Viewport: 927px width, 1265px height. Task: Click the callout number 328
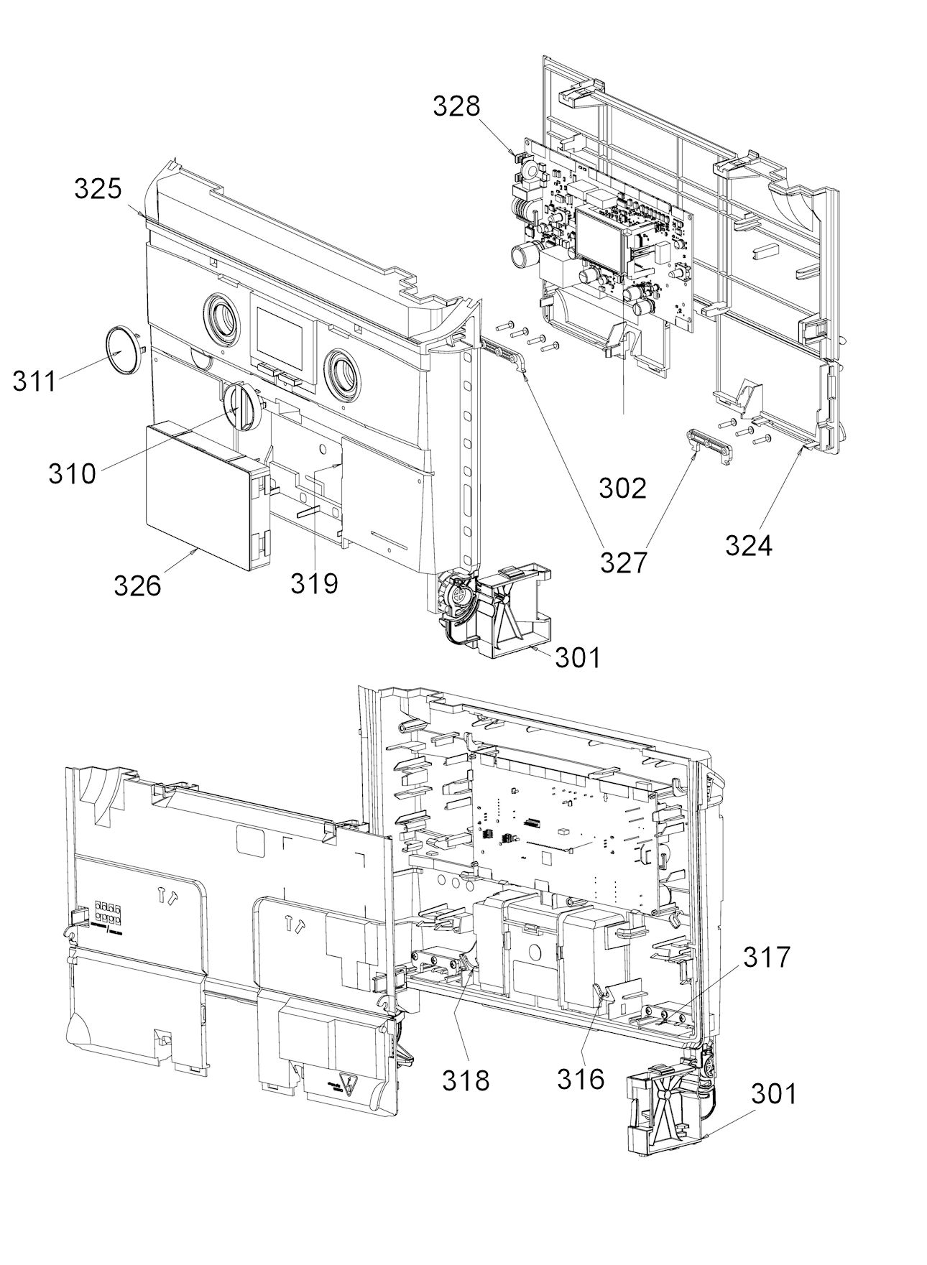click(456, 106)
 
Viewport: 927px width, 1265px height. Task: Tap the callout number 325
click(98, 190)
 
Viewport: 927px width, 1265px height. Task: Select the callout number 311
click(34, 381)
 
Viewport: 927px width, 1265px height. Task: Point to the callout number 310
click(72, 473)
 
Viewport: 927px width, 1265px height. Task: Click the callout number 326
click(137, 585)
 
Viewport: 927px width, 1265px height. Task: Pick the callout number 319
click(314, 583)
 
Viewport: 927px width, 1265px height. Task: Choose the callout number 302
click(623, 488)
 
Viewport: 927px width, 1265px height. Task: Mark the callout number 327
click(623, 562)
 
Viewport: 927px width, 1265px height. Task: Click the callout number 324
click(748, 546)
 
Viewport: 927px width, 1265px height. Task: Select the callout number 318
click(466, 1079)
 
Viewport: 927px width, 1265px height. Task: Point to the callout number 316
click(581, 1078)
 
